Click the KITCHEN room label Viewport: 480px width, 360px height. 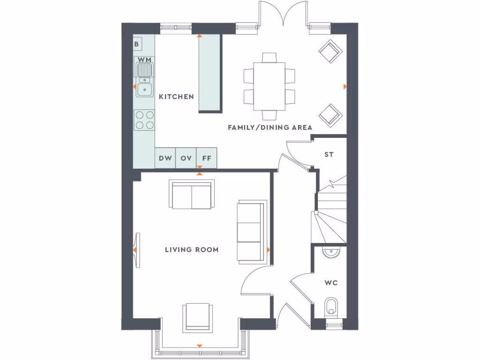tap(176, 97)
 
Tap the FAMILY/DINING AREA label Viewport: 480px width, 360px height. tap(270, 127)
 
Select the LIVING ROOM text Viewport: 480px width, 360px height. tap(192, 250)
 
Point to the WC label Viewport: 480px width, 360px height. tap(331, 283)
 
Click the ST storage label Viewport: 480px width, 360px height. tap(329, 154)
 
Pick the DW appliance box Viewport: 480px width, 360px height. tap(165, 158)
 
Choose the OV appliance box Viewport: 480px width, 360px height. tap(186, 158)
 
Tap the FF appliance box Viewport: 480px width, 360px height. tap(207, 158)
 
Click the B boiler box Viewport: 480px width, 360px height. tap(137, 45)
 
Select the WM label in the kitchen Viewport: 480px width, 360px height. tap(145, 60)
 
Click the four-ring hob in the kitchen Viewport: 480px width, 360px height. tap(144, 120)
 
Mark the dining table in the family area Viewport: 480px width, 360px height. tap(270, 86)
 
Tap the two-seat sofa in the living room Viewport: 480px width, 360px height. tap(191, 195)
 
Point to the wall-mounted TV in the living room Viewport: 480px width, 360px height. tap(137, 250)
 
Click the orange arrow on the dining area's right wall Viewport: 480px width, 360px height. tap(345, 87)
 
